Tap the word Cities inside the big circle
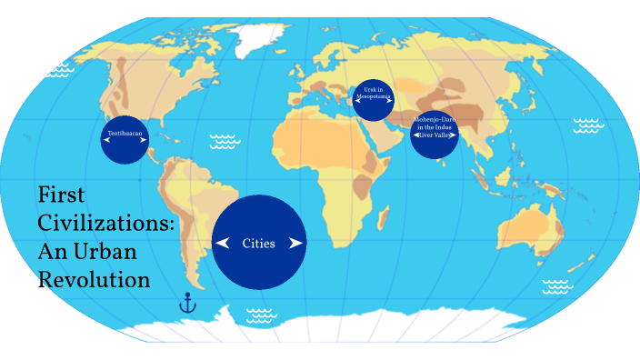coord(259,243)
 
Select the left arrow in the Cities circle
coord(222,243)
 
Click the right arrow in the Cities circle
coord(295,243)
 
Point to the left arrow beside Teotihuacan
coord(106,139)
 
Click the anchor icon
coord(187,303)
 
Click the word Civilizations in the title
coord(105,223)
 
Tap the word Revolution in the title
coord(94,279)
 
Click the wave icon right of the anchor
coord(261,315)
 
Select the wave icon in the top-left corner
coord(60,68)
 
